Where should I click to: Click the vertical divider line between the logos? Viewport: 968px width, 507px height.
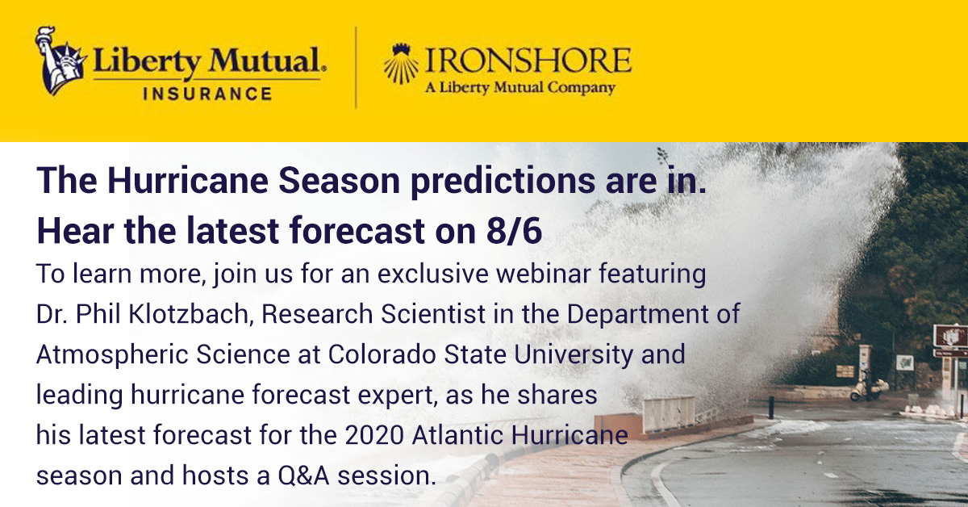356,66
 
